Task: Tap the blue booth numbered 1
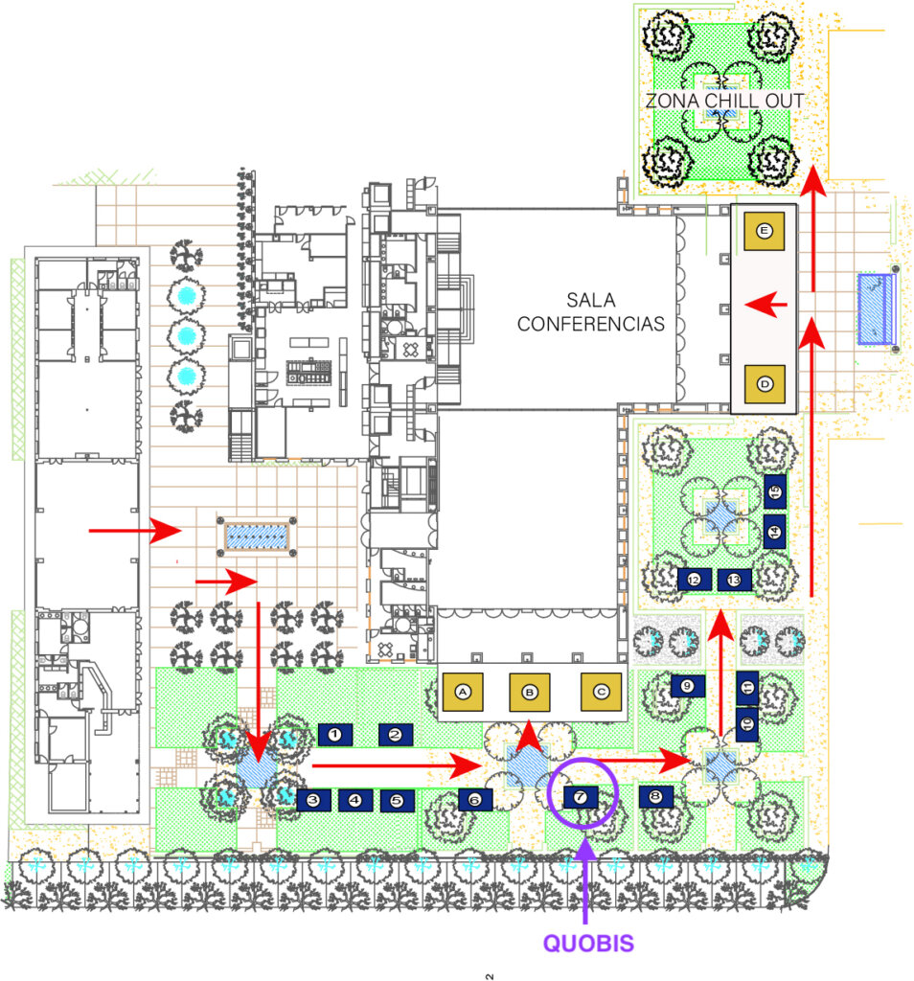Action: point(335,735)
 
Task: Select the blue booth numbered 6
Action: point(475,799)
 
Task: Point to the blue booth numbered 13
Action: point(735,579)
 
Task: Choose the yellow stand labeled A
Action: point(464,691)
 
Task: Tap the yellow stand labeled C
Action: point(602,691)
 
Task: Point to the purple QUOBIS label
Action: point(588,943)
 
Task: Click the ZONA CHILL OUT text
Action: point(724,101)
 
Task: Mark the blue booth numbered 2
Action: point(395,735)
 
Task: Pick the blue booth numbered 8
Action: point(655,796)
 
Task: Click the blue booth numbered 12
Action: point(695,579)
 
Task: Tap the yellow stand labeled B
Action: point(531,691)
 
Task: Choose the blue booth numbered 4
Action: point(355,799)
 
